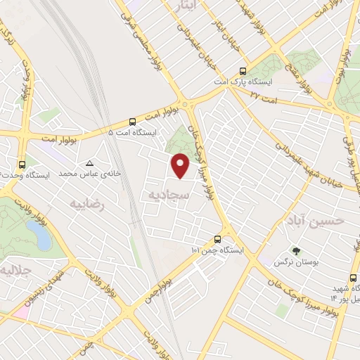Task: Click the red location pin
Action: [x=181, y=166]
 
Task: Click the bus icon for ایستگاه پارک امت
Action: [x=243, y=71]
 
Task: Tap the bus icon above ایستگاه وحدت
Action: [x=22, y=163]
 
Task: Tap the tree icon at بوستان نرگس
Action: [x=296, y=251]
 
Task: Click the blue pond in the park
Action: [x=41, y=239]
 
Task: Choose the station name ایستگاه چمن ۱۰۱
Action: [x=217, y=250]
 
